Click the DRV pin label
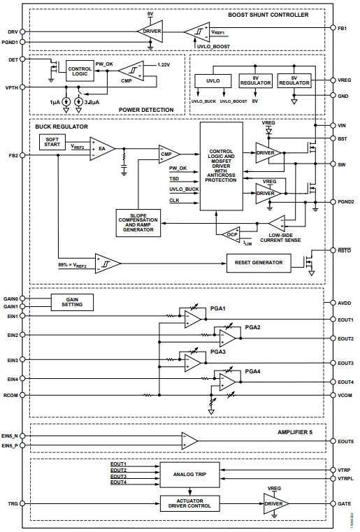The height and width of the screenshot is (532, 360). point(13,32)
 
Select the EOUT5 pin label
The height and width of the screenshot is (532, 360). point(345,441)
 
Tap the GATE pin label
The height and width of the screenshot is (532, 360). point(344,503)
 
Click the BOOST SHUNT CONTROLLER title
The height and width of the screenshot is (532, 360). point(268,15)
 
